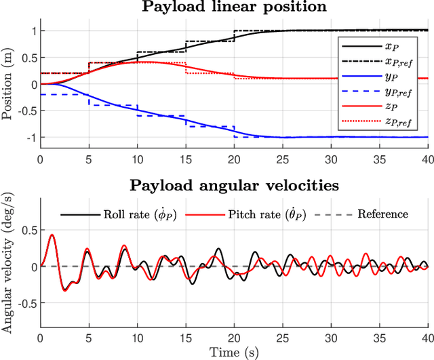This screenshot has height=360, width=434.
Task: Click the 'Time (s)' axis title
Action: click(233, 353)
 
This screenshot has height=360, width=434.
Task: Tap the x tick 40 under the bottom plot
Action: click(426, 338)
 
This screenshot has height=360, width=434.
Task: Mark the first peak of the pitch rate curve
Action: click(52, 235)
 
